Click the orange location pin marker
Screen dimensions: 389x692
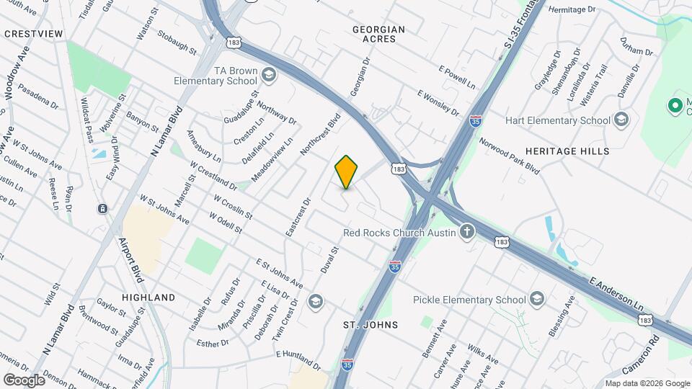346,172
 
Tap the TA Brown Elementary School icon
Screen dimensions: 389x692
268,75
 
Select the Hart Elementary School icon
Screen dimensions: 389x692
621,120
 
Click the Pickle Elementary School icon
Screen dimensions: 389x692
537,299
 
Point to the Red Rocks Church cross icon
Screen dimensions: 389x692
467,232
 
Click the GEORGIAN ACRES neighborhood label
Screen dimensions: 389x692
378,34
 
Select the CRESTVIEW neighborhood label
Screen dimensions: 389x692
33,34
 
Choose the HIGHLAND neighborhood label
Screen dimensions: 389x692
148,297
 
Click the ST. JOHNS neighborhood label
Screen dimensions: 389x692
371,325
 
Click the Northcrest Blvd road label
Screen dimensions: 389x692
320,134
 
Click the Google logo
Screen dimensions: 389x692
24,380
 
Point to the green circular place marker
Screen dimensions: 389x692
675,107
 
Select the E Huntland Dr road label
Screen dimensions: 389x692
298,357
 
